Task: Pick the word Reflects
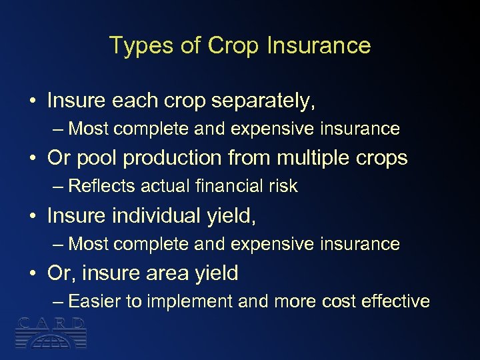point(98,187)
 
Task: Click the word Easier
point(96,301)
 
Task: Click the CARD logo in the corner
point(52,333)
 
